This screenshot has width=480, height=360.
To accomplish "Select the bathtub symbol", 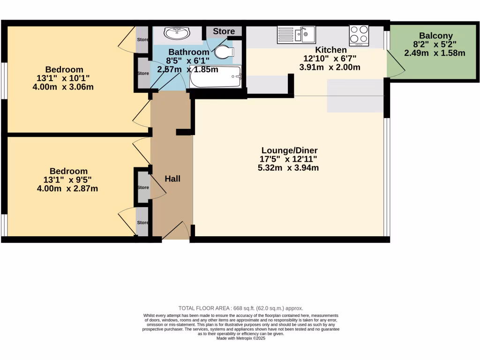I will (x=216, y=77).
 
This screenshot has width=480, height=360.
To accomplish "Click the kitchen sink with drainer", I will (x=297, y=34).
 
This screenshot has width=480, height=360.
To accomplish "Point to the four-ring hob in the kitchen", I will (x=359, y=35).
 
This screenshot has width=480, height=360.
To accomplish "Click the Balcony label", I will (x=436, y=36).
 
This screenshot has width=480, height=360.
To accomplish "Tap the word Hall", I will (x=172, y=179).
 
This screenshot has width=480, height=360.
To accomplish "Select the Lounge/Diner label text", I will (x=289, y=150).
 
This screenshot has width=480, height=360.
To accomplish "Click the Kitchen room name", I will (x=331, y=50).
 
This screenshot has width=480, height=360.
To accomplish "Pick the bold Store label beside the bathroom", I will (x=224, y=31).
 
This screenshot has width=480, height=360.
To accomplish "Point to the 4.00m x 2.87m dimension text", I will (x=67, y=188).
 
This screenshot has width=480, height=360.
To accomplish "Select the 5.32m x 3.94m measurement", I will (x=288, y=167).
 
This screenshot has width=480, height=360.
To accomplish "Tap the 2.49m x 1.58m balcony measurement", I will (x=435, y=53).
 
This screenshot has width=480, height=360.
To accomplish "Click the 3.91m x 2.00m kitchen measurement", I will (x=330, y=67).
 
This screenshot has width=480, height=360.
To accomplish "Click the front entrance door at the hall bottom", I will (x=176, y=232).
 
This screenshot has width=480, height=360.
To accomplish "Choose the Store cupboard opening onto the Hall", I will (x=143, y=187).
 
